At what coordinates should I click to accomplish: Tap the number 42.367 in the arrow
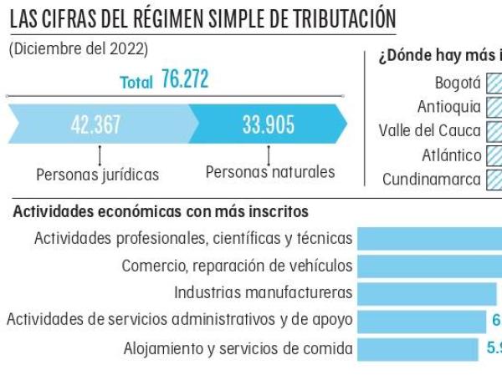[95, 125]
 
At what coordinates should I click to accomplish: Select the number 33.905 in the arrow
[268, 125]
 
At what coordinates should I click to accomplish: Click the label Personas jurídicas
[98, 175]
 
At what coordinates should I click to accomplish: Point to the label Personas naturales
[270, 172]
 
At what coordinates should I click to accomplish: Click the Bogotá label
[458, 83]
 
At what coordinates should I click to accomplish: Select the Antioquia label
[449, 107]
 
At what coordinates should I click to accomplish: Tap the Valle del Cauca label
[429, 131]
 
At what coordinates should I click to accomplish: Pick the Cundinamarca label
[432, 179]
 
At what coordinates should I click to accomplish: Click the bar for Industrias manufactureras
[428, 293]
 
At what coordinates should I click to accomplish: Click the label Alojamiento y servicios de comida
[238, 348]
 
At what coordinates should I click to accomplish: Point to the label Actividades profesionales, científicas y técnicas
[193, 239]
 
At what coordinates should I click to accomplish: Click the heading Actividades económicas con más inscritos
[161, 212]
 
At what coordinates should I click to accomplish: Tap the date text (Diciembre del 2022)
[79, 49]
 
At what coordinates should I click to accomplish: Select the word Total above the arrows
[136, 82]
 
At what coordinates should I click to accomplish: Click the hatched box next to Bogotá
[494, 83]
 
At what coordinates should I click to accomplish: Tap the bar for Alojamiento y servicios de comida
[418, 348]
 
